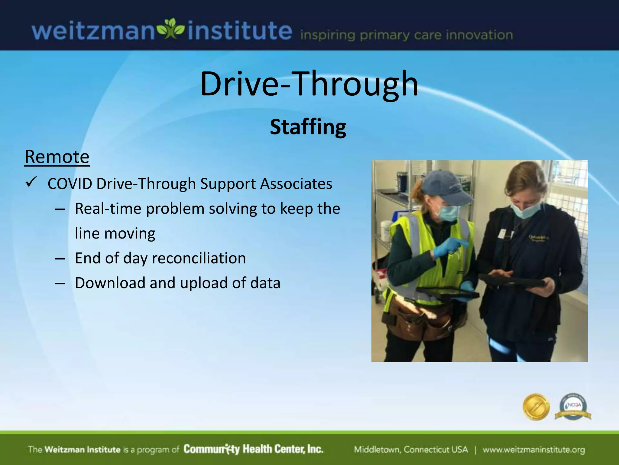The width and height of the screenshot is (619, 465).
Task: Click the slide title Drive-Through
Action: click(x=309, y=84)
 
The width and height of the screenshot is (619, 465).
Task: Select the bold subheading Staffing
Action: click(x=308, y=127)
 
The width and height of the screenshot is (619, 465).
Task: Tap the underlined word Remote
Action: click(x=57, y=157)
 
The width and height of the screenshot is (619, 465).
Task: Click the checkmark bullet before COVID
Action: click(x=31, y=182)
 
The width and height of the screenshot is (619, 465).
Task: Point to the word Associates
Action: click(x=296, y=184)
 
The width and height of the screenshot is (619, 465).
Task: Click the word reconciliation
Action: click(x=199, y=258)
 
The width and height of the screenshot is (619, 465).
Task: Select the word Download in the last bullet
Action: click(x=110, y=283)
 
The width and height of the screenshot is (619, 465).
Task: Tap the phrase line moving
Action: click(x=115, y=233)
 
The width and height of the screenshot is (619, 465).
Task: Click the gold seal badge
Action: click(x=536, y=407)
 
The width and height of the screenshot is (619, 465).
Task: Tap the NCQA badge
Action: click(x=573, y=407)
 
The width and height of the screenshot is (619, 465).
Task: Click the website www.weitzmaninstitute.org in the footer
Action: click(x=533, y=450)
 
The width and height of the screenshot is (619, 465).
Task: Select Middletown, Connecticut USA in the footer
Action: click(x=411, y=450)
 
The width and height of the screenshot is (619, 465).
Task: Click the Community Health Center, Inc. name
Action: click(x=253, y=449)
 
